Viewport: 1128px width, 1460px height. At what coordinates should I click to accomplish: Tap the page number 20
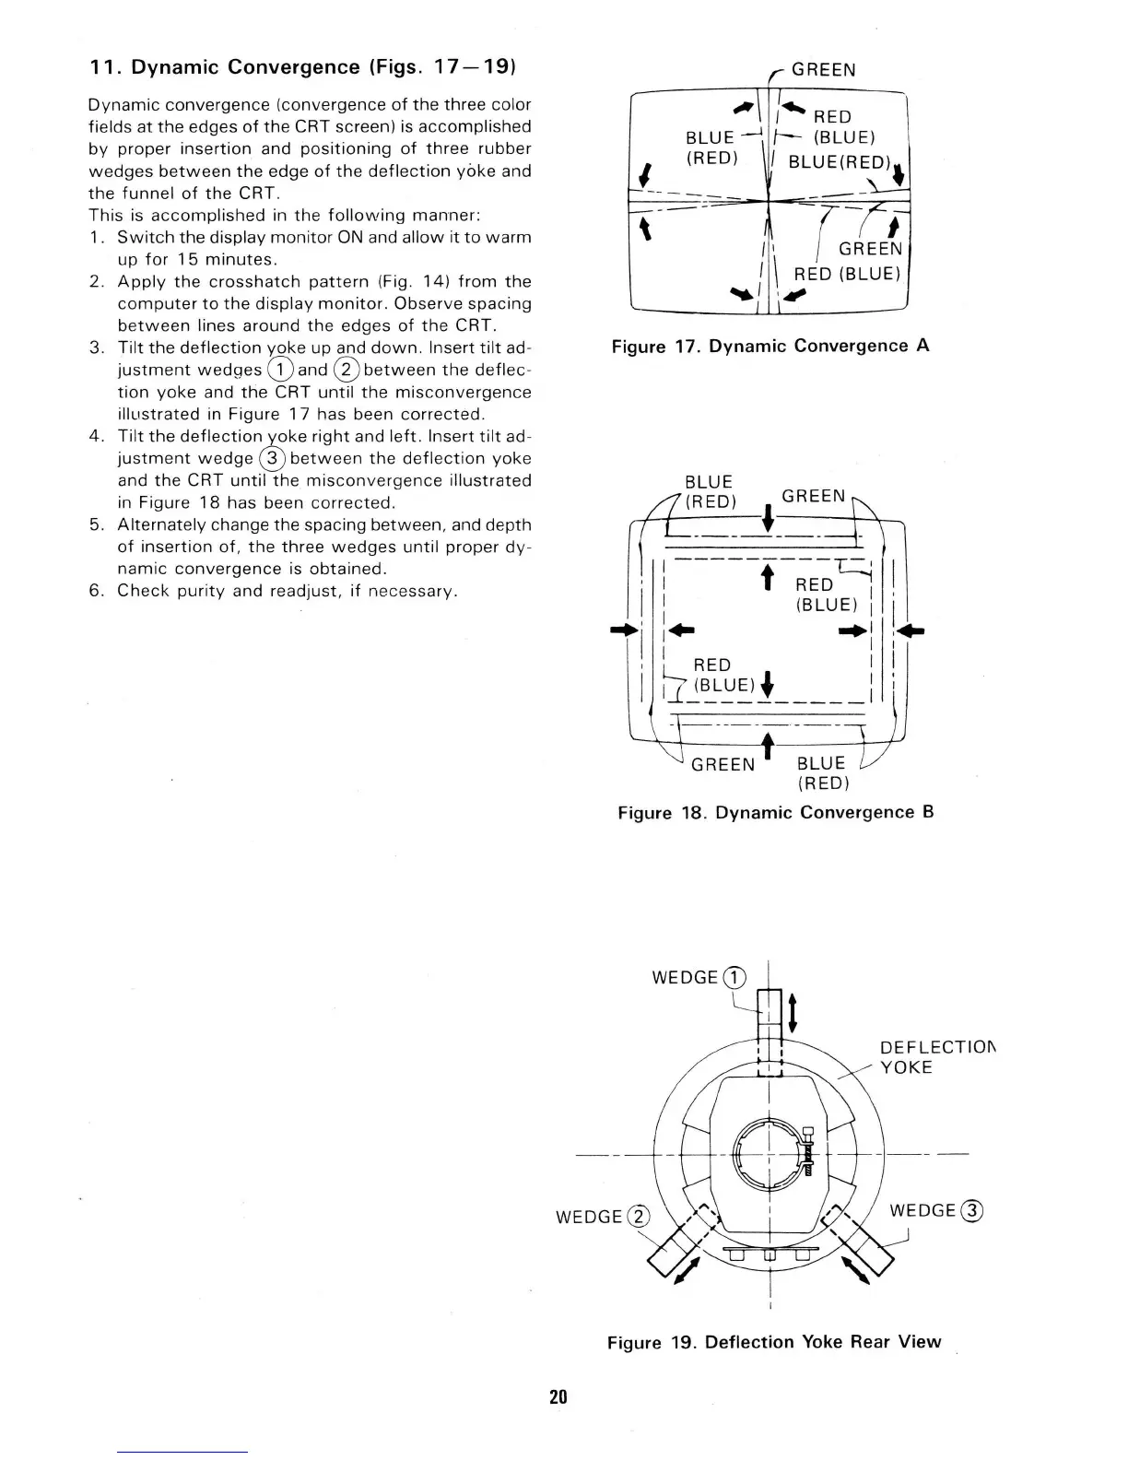(x=558, y=1396)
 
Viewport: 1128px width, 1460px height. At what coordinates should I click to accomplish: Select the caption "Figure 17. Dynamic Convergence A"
(x=770, y=346)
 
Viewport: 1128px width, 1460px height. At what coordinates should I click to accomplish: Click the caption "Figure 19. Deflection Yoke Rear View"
(x=774, y=1342)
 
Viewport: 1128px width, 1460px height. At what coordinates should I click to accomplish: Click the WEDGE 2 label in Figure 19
(x=603, y=1217)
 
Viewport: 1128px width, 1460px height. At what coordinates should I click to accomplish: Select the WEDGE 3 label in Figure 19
(x=936, y=1210)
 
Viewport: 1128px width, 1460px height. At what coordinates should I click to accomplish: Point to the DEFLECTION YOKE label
(x=938, y=1057)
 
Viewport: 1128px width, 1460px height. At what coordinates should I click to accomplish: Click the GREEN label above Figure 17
(x=824, y=70)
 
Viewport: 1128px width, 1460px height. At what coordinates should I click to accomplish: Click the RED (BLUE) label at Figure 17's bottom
(x=847, y=274)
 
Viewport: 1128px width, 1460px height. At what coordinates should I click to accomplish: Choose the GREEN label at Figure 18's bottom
(x=723, y=765)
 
